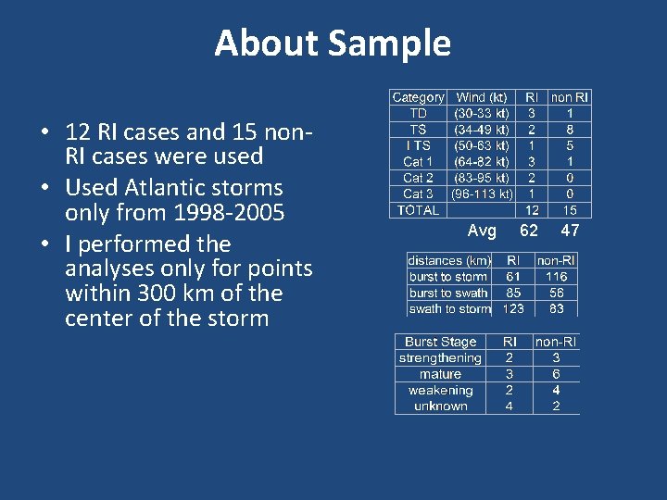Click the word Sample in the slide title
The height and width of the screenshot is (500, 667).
(389, 44)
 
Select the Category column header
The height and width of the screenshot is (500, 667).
(418, 97)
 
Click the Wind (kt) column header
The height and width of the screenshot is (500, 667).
(482, 97)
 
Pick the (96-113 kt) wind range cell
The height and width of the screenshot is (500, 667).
(482, 194)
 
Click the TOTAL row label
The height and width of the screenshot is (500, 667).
(418, 210)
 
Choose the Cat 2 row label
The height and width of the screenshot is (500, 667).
(418, 178)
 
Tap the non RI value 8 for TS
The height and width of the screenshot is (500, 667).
(570, 130)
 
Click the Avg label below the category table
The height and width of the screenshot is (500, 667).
(482, 231)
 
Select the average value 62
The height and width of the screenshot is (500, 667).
(529, 231)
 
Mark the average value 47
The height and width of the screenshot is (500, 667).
(570, 231)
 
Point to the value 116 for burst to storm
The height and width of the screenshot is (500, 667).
(556, 277)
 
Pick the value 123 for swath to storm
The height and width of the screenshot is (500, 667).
(513, 308)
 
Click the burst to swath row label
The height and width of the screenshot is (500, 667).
(448, 293)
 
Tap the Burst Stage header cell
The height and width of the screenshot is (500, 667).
(440, 342)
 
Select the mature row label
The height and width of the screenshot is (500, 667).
(440, 374)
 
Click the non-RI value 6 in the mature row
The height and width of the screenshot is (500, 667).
(556, 374)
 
